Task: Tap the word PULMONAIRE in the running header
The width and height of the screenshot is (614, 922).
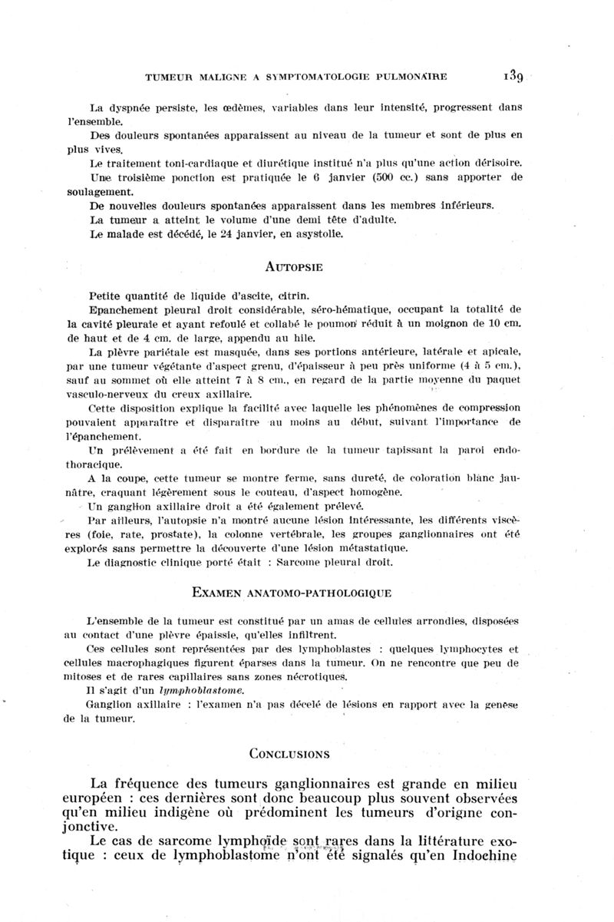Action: (408, 77)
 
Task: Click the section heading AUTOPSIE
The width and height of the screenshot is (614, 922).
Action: (294, 268)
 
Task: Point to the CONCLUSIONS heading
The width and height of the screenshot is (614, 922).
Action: (289, 753)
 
